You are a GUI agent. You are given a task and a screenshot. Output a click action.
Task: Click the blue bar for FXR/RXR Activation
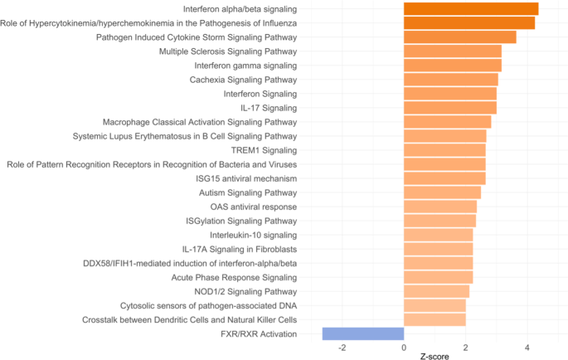tap(363, 333)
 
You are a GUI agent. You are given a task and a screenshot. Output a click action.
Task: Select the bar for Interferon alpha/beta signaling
tap(471, 9)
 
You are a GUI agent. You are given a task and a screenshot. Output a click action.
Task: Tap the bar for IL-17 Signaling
tap(450, 108)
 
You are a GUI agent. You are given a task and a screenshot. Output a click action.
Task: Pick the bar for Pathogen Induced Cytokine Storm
tap(460, 37)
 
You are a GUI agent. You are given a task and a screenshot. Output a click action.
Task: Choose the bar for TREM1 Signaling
tap(444, 150)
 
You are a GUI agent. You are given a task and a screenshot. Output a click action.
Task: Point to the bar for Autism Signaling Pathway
tap(442, 192)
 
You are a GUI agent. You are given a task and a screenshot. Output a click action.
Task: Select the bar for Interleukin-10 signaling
tap(438, 235)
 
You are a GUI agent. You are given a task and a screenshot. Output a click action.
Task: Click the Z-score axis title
tap(434, 357)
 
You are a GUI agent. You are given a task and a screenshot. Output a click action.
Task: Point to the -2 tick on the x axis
tap(342, 347)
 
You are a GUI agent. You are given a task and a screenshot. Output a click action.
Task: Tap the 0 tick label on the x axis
tap(404, 347)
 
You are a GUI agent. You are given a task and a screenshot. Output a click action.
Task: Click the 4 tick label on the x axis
tap(527, 347)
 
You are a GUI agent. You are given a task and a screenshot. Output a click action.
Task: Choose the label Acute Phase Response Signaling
tap(234, 277)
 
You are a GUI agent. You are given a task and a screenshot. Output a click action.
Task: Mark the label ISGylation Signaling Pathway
tap(241, 221)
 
